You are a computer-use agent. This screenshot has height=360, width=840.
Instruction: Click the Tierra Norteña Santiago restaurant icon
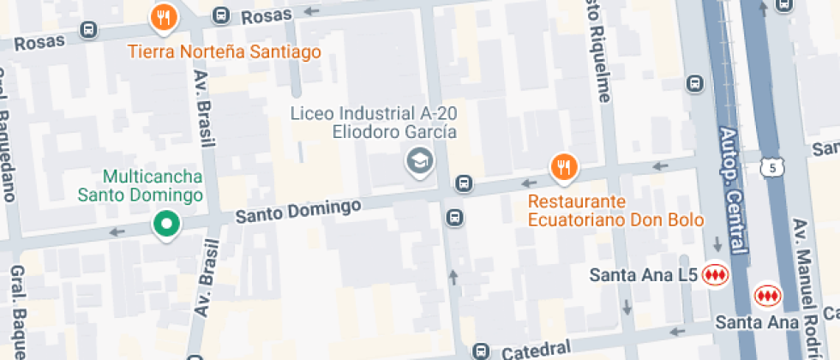coord(164,17)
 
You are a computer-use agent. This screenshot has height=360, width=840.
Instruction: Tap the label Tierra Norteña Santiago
coord(225,52)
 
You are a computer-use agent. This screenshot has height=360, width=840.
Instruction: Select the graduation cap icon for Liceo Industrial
coord(418,160)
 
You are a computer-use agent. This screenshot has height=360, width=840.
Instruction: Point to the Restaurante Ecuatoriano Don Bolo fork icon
coord(562,166)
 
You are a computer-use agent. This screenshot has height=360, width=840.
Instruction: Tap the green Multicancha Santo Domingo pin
coord(165,225)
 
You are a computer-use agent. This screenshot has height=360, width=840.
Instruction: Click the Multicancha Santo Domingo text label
coord(141,185)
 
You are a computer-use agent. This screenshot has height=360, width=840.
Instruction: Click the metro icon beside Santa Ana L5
coord(714,275)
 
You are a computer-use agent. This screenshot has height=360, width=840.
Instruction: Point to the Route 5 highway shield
coord(772,168)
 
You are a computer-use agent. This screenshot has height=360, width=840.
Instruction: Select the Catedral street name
coord(536,349)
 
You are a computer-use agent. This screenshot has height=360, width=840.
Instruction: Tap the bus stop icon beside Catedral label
coord(481,351)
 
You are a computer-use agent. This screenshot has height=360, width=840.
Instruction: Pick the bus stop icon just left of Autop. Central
coord(695,84)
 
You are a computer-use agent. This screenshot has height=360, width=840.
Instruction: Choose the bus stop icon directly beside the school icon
coord(464,183)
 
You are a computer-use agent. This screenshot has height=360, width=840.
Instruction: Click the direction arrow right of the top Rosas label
coord(310,12)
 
